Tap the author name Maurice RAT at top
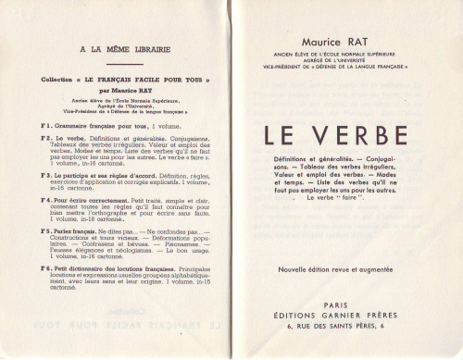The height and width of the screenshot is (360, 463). pyautogui.click(x=343, y=43)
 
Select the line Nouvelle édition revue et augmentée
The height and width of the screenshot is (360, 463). pyautogui.click(x=344, y=243)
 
